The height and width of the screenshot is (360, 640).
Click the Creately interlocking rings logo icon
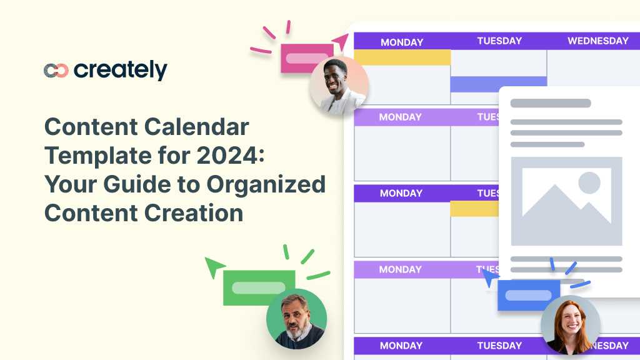56,71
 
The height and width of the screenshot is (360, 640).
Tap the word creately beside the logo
121,70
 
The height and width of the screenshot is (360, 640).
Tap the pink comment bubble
306,58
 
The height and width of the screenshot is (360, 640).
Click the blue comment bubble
528,295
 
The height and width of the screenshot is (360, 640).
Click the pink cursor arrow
341,42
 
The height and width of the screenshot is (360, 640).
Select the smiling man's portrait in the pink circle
338,85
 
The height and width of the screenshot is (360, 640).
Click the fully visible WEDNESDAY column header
597,41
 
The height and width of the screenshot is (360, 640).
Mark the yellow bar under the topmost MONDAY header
402,57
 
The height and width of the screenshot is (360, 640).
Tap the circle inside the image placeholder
589,183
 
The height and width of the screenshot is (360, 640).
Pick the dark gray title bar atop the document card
550,103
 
